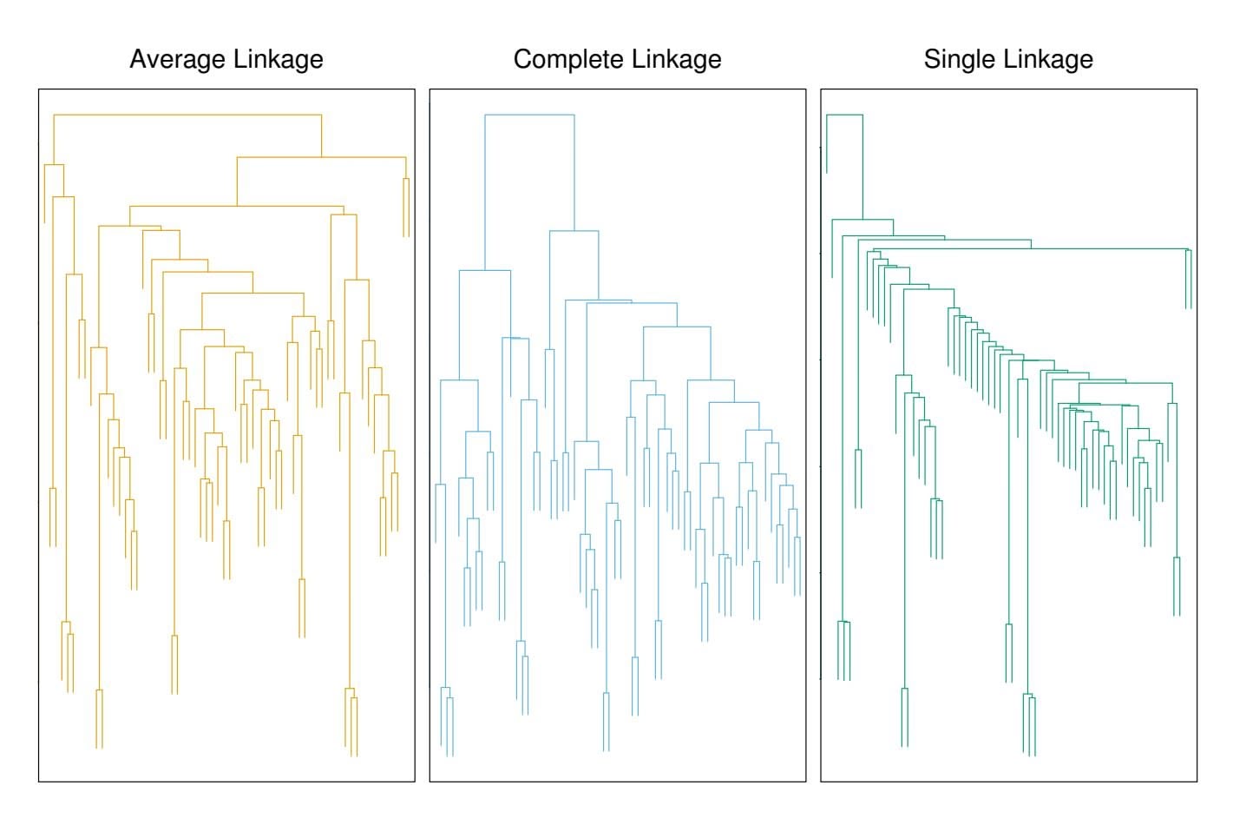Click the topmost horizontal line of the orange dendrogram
coord(187,114)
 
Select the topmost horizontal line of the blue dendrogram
coord(529,114)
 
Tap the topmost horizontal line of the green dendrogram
coord(844,114)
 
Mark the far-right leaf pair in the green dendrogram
coord(1189,278)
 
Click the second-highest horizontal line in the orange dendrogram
coord(321,157)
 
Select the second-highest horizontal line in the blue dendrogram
coord(574,231)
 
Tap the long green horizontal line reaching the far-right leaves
coord(1033,248)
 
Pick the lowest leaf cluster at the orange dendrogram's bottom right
coord(351,721)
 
